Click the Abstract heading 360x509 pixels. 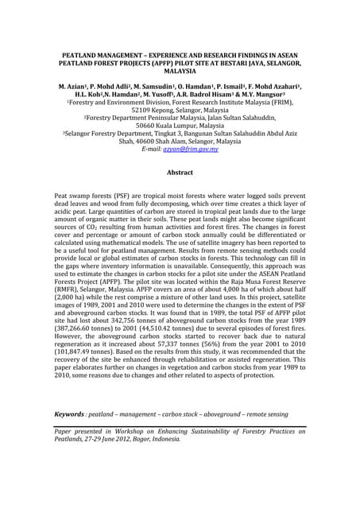[180, 173]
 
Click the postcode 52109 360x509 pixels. [148, 109]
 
